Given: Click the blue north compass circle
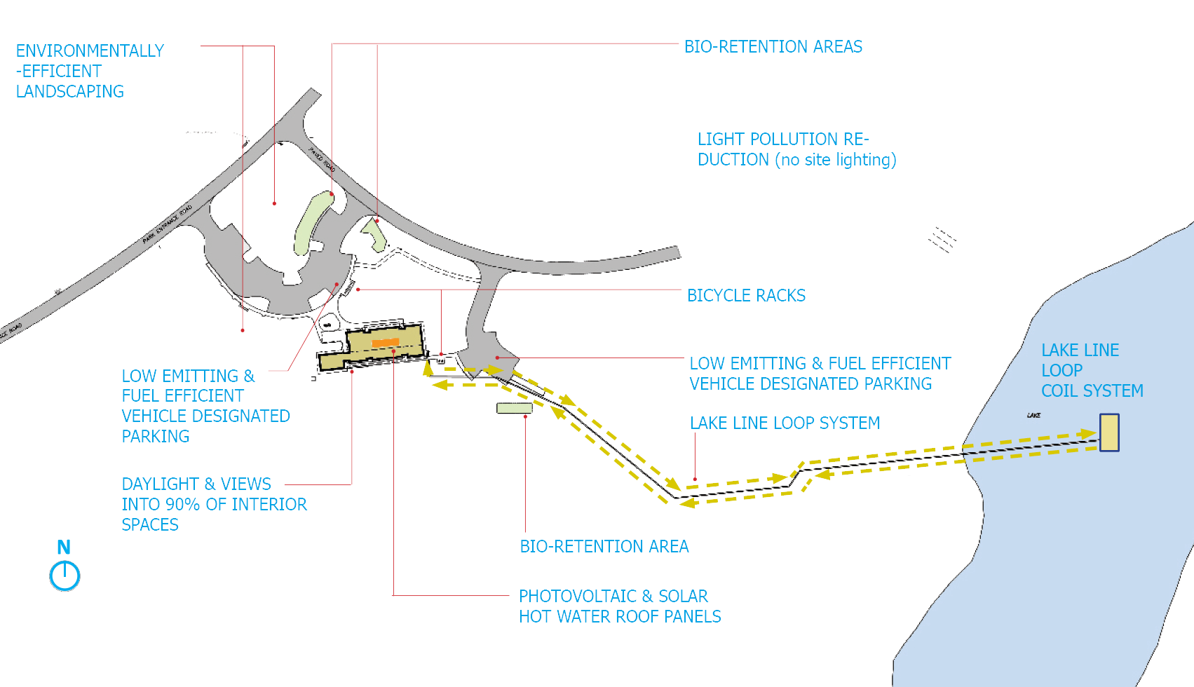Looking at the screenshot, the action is click(65, 576).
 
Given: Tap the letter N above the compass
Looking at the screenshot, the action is click(64, 547).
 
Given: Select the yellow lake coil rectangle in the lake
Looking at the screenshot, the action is click(1109, 432).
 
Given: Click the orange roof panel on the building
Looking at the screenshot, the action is click(386, 343).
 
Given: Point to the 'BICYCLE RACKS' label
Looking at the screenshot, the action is click(746, 296).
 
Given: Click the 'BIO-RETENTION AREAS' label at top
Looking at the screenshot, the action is click(773, 47).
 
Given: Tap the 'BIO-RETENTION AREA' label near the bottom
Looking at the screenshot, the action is click(604, 547).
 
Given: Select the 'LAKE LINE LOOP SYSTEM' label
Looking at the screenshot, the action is click(785, 423).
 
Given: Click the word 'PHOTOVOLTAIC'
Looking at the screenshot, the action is click(577, 597).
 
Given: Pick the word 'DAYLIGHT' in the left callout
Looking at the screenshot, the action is click(160, 484).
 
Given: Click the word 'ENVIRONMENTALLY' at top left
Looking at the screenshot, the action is click(90, 51).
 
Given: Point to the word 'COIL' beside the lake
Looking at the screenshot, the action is click(1059, 391).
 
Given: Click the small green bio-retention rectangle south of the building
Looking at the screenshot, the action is click(514, 408).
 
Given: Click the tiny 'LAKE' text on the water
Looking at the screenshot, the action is click(1033, 416).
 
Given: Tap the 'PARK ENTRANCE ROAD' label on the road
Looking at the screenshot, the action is click(167, 224).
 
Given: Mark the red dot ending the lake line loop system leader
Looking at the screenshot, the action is click(695, 479).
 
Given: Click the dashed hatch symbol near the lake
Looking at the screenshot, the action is click(942, 240).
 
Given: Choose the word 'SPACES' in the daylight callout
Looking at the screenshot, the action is click(150, 525).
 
